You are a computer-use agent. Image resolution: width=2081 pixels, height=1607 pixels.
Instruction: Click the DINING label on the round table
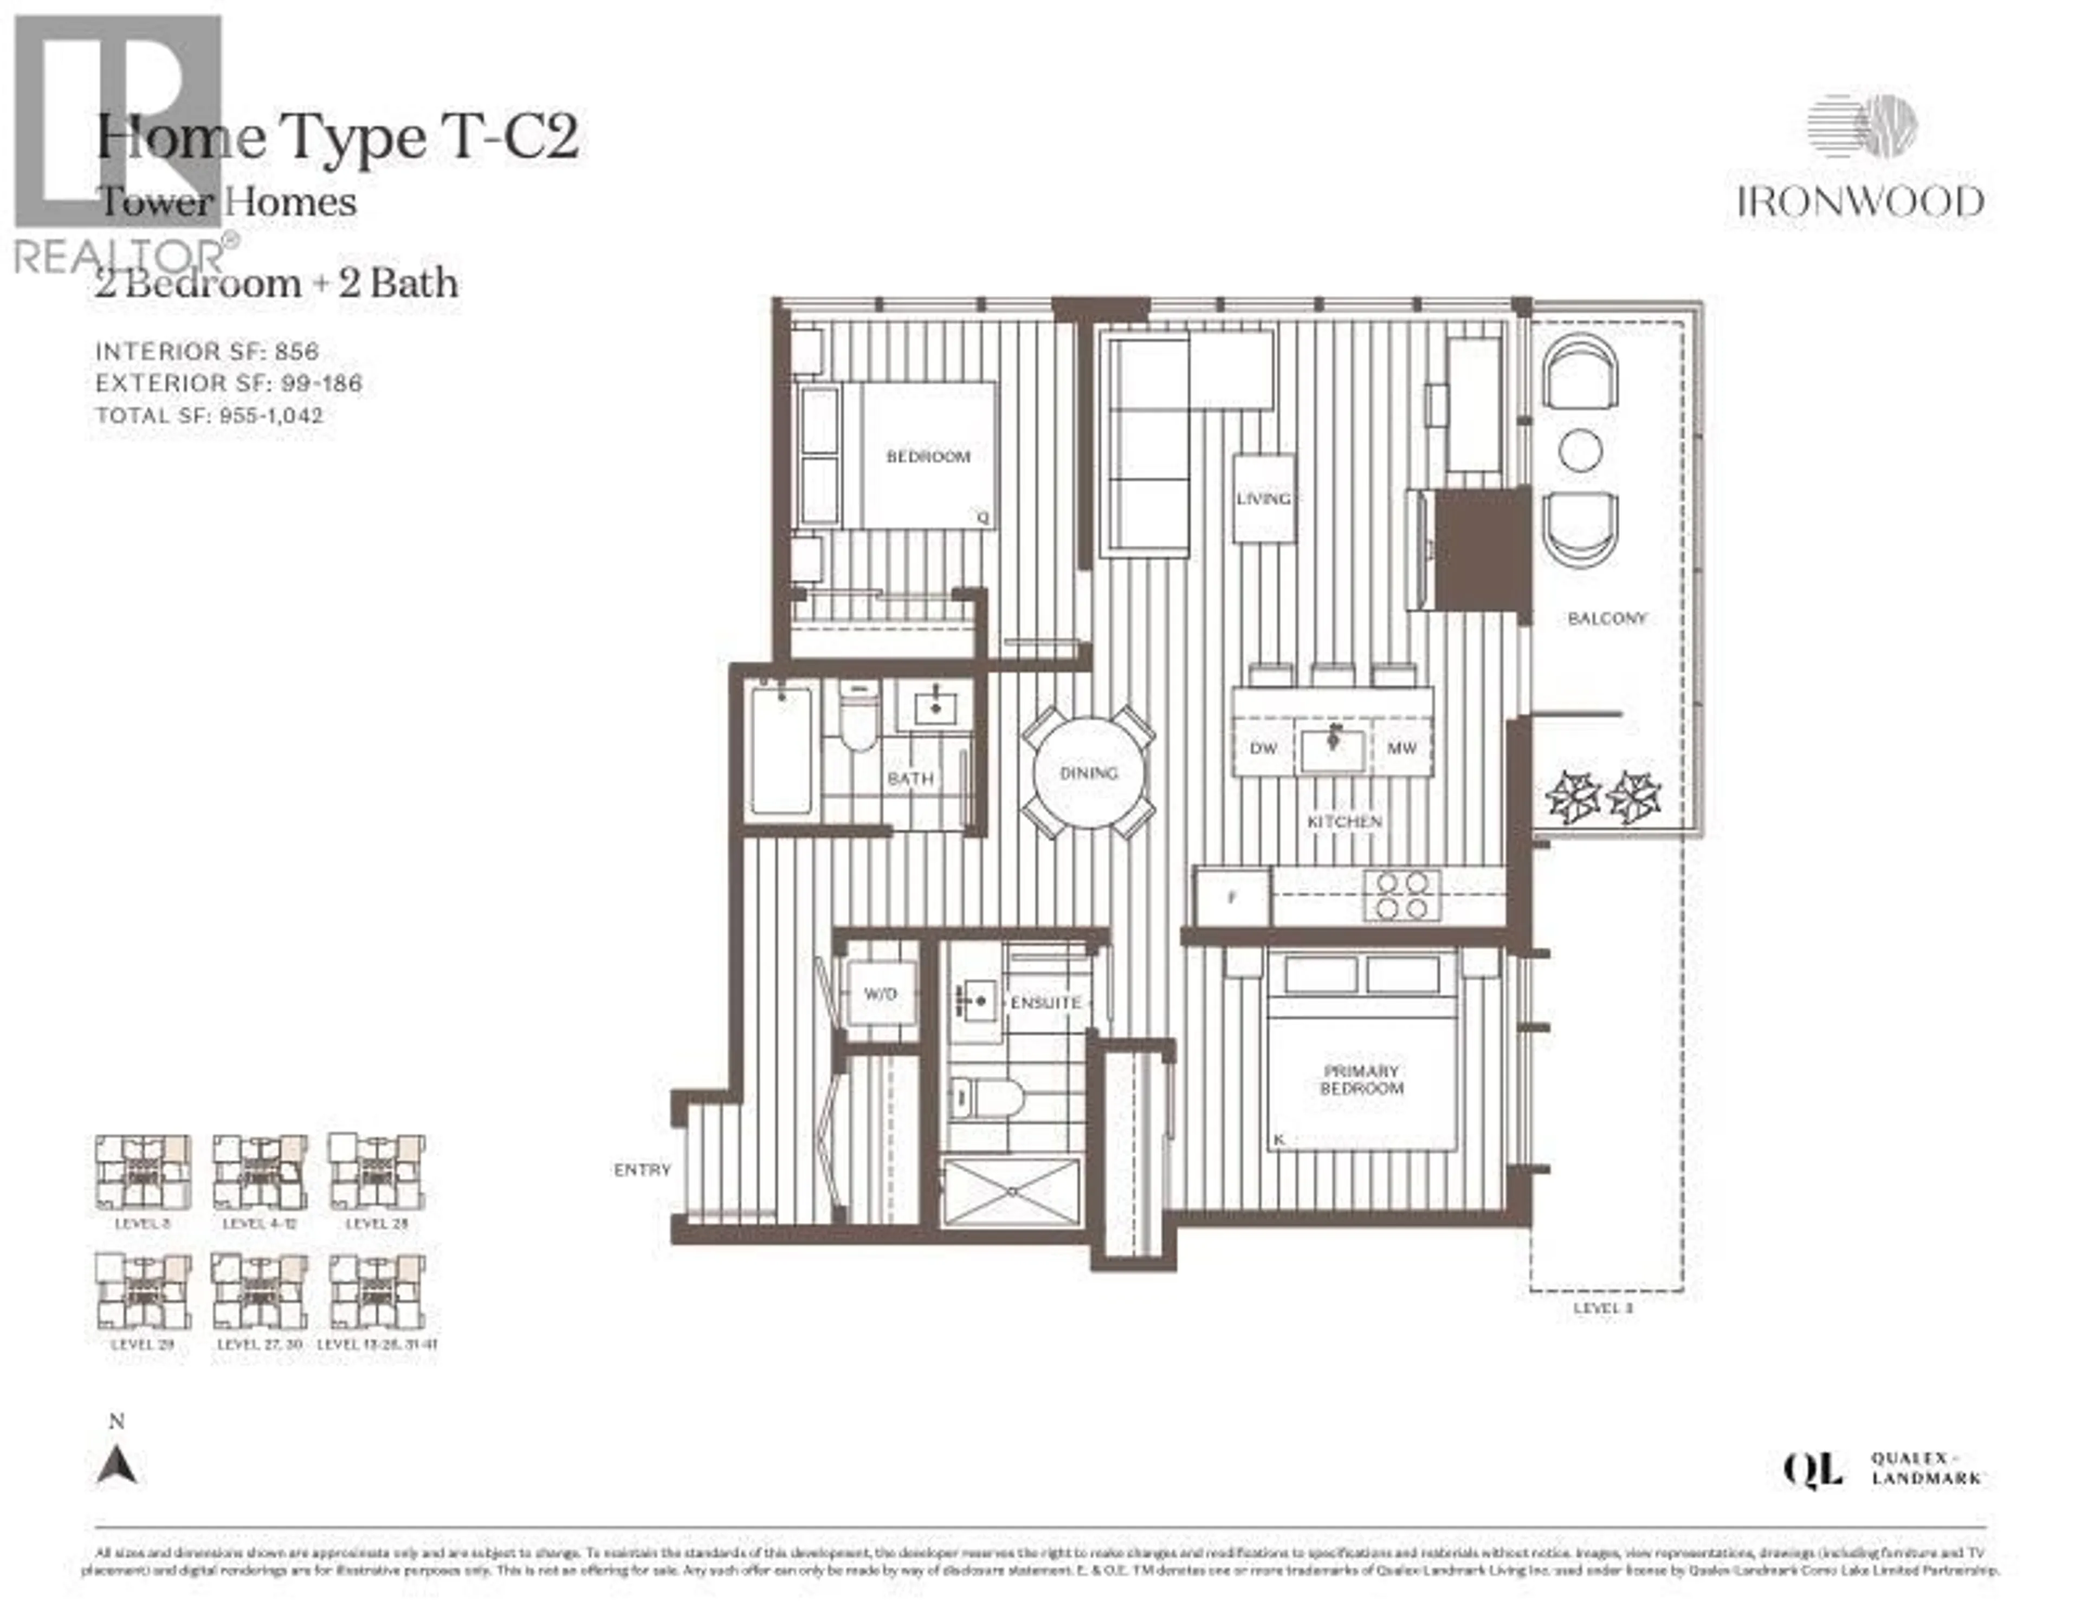tap(1088, 773)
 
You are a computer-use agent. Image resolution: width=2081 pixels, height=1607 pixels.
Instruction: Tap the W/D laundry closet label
tap(880, 994)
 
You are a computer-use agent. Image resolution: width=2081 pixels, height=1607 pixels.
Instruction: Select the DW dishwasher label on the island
tap(1263, 749)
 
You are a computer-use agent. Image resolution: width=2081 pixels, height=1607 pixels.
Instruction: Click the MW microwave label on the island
tap(1401, 749)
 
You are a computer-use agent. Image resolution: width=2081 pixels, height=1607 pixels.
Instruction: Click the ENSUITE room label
tap(1045, 1003)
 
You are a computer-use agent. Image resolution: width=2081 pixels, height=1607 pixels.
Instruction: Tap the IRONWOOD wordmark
tap(1860, 202)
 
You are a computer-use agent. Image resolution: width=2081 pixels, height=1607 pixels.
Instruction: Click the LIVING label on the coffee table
tap(1263, 499)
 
